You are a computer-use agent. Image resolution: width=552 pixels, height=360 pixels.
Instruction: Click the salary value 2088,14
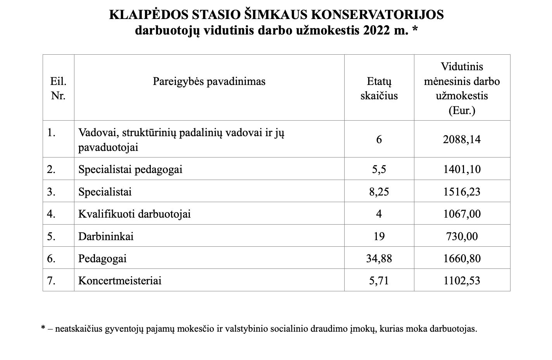(x=462, y=139)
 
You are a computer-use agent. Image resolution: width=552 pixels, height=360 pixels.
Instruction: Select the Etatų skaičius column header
(x=379, y=88)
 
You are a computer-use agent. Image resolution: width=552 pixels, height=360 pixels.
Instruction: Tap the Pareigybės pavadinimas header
(x=209, y=81)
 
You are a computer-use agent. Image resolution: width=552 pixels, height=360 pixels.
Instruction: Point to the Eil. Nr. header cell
(x=58, y=88)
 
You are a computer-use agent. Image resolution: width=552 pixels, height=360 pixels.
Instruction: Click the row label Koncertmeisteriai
(x=120, y=280)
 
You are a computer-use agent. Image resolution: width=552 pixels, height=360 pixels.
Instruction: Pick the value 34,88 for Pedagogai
(x=379, y=258)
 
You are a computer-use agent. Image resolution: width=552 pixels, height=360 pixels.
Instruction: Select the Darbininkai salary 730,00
(x=462, y=236)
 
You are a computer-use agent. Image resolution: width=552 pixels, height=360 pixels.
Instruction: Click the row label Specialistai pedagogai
(x=130, y=170)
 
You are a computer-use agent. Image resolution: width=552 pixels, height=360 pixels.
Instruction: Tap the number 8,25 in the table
(x=379, y=192)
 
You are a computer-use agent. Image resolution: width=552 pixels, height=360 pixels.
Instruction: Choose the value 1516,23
(x=462, y=192)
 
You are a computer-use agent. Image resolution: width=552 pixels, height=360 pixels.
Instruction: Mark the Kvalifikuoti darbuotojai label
(x=135, y=214)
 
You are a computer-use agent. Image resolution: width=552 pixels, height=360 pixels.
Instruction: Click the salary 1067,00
(x=462, y=214)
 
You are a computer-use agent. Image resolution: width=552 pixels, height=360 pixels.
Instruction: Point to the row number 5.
(x=51, y=236)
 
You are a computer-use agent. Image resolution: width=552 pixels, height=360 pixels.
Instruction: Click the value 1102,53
(x=462, y=280)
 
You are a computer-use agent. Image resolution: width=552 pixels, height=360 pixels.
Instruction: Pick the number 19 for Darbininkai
(x=379, y=236)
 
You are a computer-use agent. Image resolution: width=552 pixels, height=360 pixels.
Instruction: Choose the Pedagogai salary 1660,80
(x=462, y=258)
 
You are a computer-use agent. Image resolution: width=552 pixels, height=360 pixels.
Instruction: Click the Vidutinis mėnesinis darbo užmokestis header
(x=462, y=88)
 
